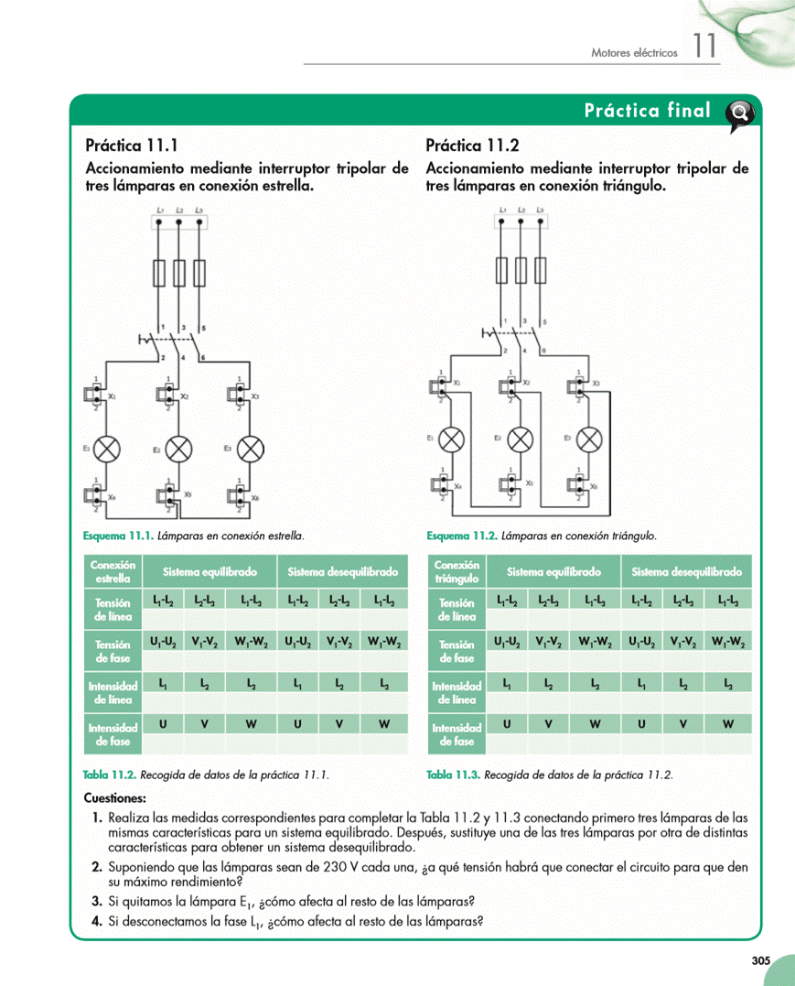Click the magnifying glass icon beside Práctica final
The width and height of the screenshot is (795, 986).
(739, 114)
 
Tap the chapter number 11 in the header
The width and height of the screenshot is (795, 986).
(704, 47)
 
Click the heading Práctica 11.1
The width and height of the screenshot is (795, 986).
(131, 145)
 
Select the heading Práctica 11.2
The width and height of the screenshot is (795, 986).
(472, 145)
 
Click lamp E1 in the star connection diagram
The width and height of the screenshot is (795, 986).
(108, 449)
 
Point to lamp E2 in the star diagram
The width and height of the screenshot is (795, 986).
(179, 449)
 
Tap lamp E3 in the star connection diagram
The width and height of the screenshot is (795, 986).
(250, 449)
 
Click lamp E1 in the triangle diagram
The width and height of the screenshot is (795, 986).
(452, 439)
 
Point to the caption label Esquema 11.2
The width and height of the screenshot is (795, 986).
(462, 535)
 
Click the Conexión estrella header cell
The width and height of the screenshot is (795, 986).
(113, 571)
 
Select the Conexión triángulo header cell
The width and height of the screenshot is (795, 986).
(457, 571)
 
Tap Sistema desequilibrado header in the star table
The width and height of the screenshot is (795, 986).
(342, 572)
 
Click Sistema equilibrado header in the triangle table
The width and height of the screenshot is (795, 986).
(553, 572)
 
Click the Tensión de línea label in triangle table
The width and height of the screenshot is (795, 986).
(457, 610)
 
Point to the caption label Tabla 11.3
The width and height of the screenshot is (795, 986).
(453, 775)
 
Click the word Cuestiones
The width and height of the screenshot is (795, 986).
(114, 797)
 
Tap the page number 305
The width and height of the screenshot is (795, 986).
(760, 960)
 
